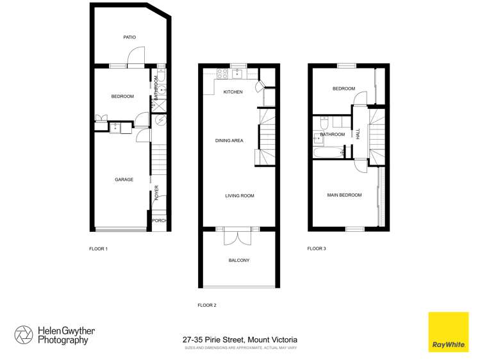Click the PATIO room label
pyautogui.click(x=129, y=37)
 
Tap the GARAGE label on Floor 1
pyautogui.click(x=124, y=179)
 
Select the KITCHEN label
pyautogui.click(x=233, y=92)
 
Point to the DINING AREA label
pyautogui.click(x=229, y=140)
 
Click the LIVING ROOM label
pyautogui.click(x=239, y=195)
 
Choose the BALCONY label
pyautogui.click(x=239, y=260)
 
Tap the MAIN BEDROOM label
pyautogui.click(x=344, y=195)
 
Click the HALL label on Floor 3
pyautogui.click(x=358, y=134)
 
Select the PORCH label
pyautogui.click(x=159, y=221)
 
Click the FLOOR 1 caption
pyautogui.click(x=98, y=247)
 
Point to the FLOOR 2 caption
pyautogui.click(x=207, y=305)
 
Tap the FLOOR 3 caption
pyautogui.click(x=317, y=248)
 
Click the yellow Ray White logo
pyautogui.click(x=449, y=331)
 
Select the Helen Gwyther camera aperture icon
pyautogui.click(x=24, y=335)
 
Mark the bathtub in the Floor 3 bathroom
pyautogui.click(x=327, y=153)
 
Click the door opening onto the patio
pyautogui.click(x=135, y=60)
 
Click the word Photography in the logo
pyautogui.click(x=63, y=341)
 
